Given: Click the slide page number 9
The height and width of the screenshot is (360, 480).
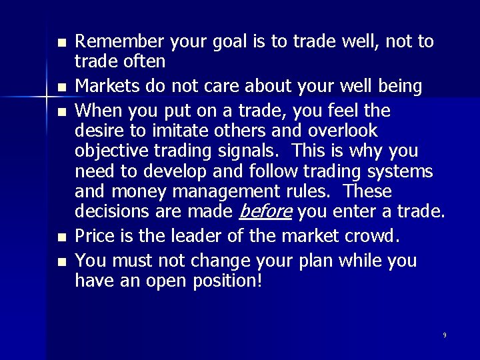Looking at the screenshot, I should pos(445,335).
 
